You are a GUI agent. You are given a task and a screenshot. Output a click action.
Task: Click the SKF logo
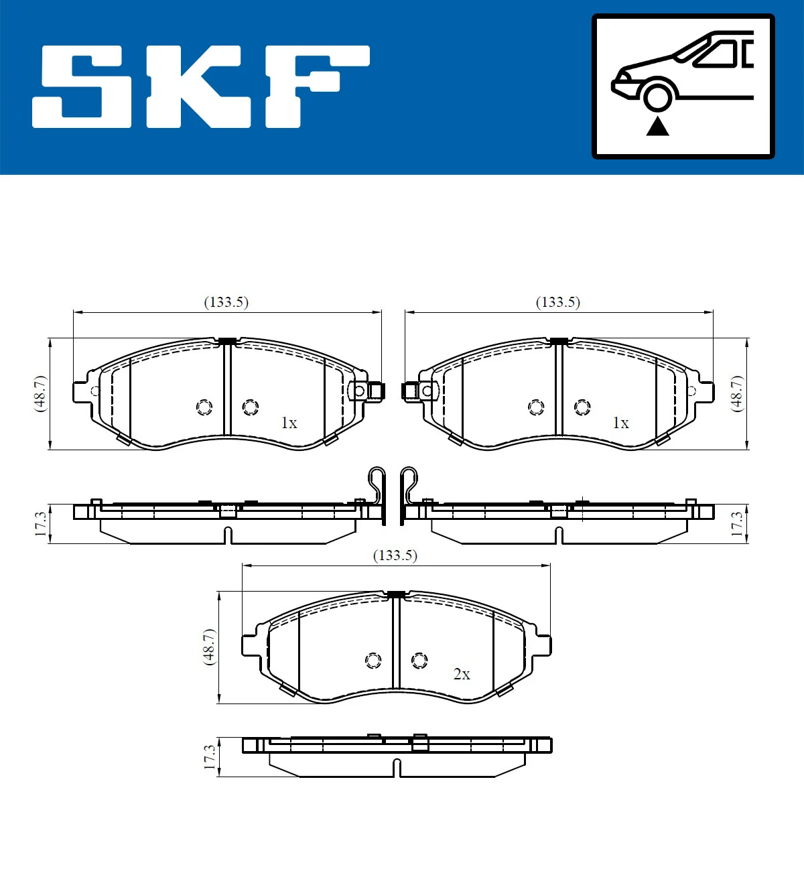click(201, 87)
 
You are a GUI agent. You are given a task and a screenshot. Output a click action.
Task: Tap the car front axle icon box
click(683, 86)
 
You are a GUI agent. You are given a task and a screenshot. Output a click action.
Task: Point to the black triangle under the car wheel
click(658, 126)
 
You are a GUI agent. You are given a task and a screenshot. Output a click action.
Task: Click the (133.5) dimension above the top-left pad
click(226, 302)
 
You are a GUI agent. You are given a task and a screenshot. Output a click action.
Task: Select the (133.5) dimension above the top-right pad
click(557, 302)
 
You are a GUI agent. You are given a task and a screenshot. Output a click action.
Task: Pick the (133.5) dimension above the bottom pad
click(395, 555)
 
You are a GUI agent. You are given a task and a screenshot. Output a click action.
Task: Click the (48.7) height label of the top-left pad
click(40, 394)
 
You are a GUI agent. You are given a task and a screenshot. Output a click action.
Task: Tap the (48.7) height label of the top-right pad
click(736, 394)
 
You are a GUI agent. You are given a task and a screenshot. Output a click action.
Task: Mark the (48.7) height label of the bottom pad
click(209, 647)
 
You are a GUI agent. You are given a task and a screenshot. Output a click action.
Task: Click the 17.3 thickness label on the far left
click(41, 524)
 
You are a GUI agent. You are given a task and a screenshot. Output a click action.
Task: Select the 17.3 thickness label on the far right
click(736, 524)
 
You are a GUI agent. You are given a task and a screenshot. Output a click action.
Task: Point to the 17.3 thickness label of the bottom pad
click(210, 757)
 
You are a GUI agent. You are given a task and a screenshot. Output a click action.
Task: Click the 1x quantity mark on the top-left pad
click(289, 423)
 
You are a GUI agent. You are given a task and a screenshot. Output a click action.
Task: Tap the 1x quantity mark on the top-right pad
click(620, 423)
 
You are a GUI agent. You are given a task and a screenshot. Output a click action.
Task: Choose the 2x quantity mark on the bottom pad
click(462, 674)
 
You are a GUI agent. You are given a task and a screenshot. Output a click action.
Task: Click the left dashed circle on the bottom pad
click(373, 661)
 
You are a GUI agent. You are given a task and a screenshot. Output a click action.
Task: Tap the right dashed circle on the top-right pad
click(582, 407)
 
